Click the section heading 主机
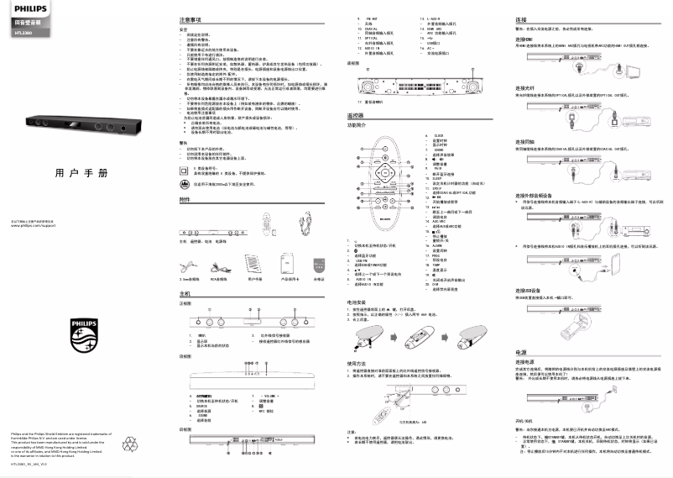tap(185, 295)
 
